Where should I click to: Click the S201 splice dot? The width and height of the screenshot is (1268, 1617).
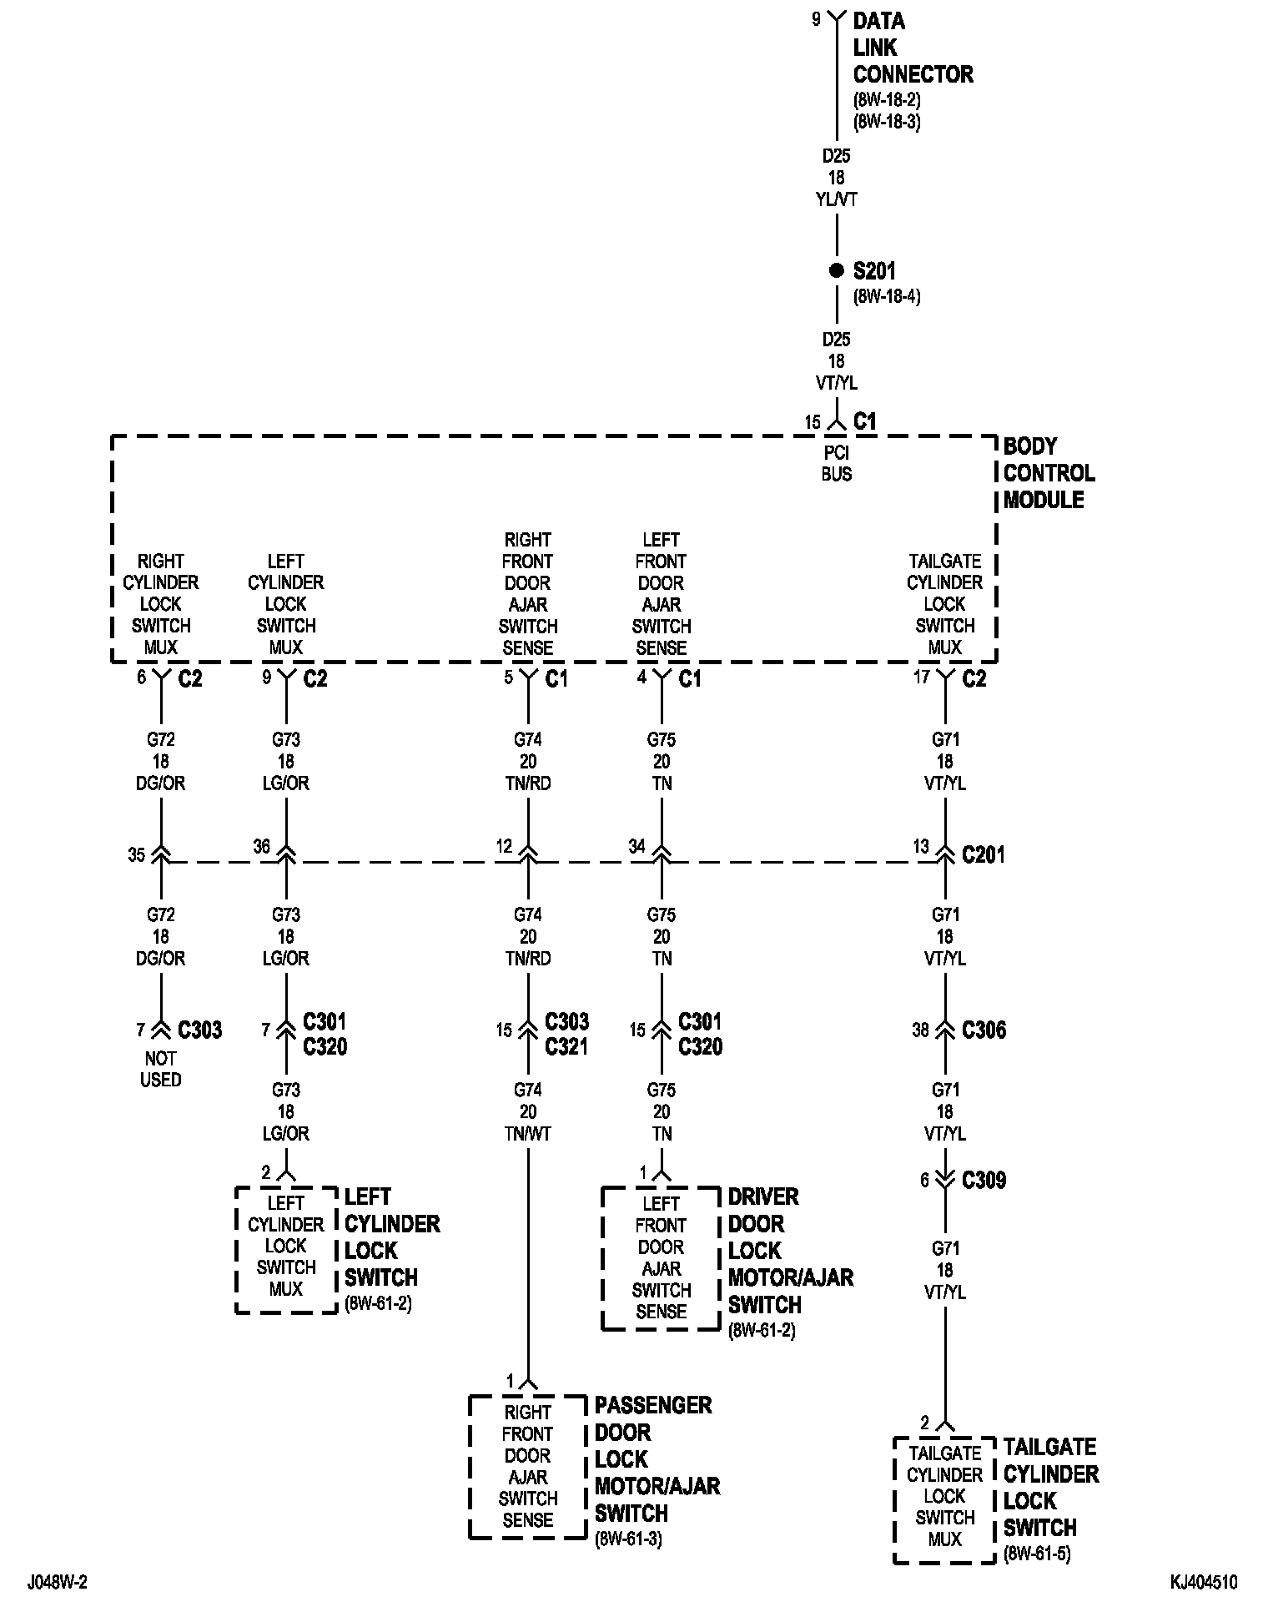coord(836,270)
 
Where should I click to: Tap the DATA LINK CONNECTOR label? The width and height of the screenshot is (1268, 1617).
coord(913,48)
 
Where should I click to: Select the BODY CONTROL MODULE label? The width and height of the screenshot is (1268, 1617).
coord(1049,473)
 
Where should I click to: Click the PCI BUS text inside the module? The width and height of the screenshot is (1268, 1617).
coord(836,463)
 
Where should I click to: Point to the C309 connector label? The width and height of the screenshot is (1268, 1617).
coord(984,1180)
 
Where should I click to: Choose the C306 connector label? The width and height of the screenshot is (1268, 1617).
coord(984,1030)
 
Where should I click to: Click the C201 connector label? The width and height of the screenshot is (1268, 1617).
coord(984,854)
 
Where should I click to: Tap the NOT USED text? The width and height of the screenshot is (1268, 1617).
coord(160,1069)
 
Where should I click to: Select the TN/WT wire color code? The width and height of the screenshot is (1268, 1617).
coord(528,1134)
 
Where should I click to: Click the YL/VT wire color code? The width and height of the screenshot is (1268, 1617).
coord(836,199)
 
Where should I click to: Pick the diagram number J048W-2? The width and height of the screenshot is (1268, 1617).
coord(58,1583)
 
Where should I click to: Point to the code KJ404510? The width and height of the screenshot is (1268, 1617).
coord(1203,1583)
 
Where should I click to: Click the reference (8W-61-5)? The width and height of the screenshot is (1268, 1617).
coord(1037,1554)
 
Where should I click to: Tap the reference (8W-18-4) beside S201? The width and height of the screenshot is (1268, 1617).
coord(887,296)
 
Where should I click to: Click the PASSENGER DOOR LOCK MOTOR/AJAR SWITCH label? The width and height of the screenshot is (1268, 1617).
coord(657,1459)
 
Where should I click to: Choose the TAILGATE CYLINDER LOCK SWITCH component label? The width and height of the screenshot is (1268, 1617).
coord(1050,1488)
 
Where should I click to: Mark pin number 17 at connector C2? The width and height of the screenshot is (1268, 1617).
coord(921,677)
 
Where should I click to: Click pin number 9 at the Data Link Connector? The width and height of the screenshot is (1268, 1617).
coord(817,19)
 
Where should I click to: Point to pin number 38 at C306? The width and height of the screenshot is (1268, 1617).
coord(920,1030)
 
